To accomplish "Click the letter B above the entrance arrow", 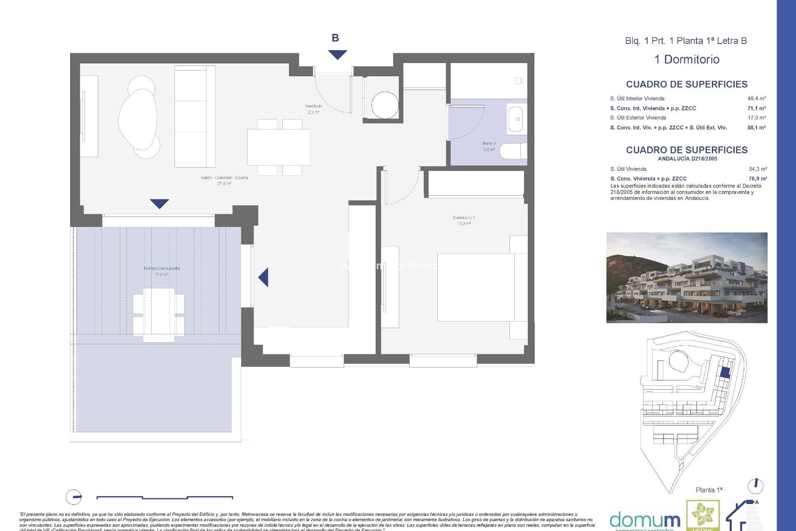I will tap(335, 38).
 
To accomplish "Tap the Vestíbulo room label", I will tap(313, 109).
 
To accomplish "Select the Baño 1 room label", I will tap(489, 146).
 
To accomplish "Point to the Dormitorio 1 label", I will tap(464, 220).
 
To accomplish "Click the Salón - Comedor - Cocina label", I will tap(224, 180).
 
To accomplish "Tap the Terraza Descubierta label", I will tap(161, 271).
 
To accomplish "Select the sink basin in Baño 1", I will tap(516, 119).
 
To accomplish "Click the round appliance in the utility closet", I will tap(385, 105).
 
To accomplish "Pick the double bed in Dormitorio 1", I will tap(481, 287).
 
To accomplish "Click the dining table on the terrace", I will tap(158, 315).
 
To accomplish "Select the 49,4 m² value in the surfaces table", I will tap(757, 99).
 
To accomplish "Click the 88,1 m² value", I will tap(757, 128).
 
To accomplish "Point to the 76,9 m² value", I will tap(757, 179).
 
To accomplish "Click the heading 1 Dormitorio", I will tap(687, 59).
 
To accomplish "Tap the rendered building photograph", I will tap(687, 278).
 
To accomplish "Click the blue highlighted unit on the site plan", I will tap(725, 372).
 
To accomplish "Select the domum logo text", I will tap(645, 520).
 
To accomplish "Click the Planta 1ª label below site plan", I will tap(709, 490).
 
